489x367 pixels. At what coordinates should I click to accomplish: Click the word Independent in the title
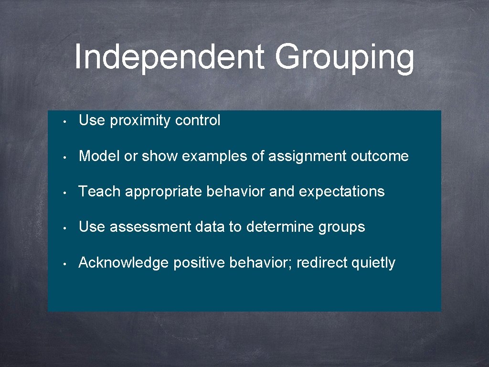point(169,57)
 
